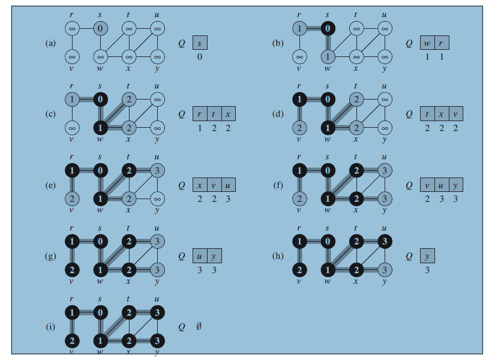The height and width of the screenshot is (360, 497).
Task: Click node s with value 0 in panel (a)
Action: coord(100,27)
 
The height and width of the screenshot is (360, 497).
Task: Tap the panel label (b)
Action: coord(278,43)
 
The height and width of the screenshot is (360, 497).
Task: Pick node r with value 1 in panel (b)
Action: coord(299,27)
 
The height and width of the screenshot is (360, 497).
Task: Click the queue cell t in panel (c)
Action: coord(213,114)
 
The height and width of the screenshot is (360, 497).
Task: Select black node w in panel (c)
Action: coord(100,128)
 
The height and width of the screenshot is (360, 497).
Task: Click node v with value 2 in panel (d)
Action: coord(299,128)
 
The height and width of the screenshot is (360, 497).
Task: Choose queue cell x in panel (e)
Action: coord(200,185)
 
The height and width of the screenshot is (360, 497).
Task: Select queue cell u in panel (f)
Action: coord(441,185)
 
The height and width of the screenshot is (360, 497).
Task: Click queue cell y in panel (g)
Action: coord(213,257)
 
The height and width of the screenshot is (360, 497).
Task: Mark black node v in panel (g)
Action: coord(72,270)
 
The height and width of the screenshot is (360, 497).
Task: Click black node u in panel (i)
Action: coord(157,313)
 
